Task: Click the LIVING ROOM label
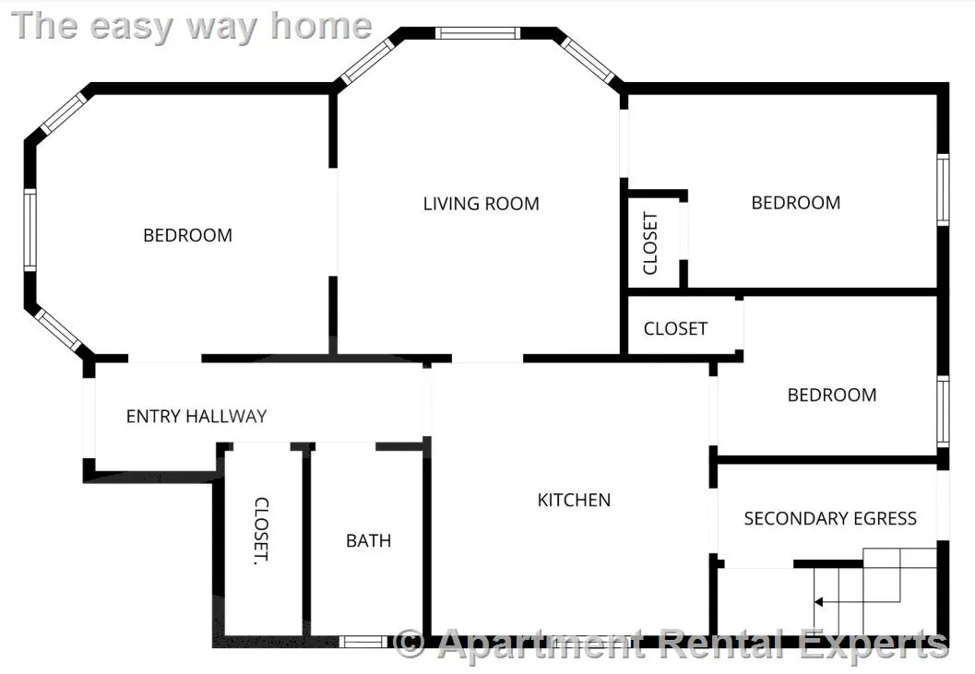[x=481, y=204]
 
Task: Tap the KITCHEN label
[x=574, y=500]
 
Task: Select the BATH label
[x=369, y=540]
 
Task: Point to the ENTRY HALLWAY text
[x=196, y=416]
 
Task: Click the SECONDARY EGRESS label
[x=830, y=518]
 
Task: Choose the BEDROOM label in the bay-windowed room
[x=188, y=235]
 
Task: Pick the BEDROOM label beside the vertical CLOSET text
[x=796, y=202]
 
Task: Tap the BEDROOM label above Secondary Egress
[x=832, y=395]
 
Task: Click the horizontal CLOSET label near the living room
[x=675, y=328]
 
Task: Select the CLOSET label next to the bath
[x=262, y=531]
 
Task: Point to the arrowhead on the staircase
[x=818, y=602]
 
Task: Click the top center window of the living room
[x=477, y=33]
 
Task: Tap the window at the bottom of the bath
[x=363, y=641]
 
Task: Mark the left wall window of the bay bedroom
[x=30, y=230]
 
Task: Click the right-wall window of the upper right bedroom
[x=944, y=189]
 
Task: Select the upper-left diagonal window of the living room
[x=368, y=61]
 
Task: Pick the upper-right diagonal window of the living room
[x=588, y=60]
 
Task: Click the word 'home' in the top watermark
[x=321, y=26]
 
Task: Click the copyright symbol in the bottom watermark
[x=410, y=644]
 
